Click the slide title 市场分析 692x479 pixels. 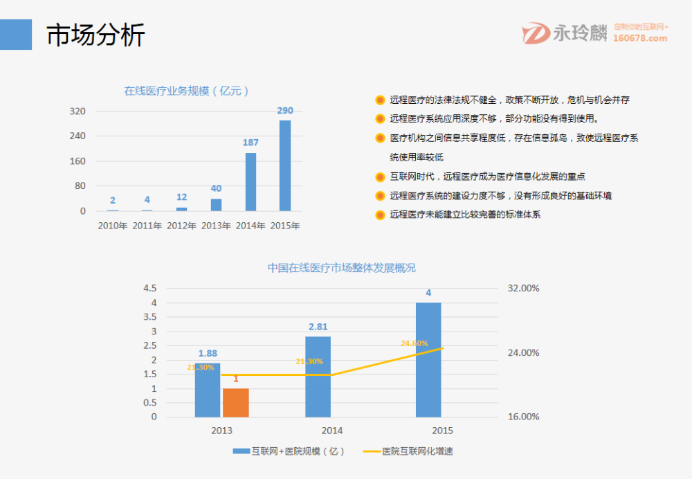95,35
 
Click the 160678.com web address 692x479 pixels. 640,39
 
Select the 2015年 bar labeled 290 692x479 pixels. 285,165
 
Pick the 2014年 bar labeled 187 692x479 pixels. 251,181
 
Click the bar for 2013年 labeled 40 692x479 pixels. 216,204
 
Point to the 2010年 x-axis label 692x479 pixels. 112,226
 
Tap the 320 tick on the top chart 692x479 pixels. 78,111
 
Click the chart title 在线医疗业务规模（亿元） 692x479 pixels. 187,91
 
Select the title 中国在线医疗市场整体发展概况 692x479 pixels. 342,268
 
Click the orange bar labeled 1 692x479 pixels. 235,403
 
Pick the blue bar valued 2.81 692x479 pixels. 318,377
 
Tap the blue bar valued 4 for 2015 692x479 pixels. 428,360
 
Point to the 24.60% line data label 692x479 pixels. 415,343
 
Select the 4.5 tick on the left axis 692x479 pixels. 149,289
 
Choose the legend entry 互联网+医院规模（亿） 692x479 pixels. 289,451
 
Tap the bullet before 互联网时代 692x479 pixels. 380,177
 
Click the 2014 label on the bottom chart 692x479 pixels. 332,431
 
